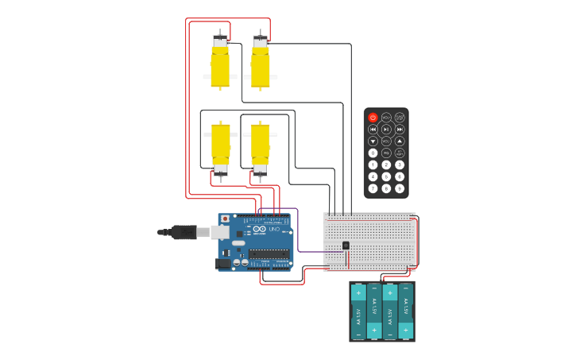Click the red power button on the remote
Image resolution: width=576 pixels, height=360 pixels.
click(373, 118)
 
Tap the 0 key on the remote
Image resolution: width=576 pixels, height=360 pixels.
click(373, 153)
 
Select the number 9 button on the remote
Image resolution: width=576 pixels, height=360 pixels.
click(400, 188)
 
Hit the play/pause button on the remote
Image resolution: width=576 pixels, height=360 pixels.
click(386, 130)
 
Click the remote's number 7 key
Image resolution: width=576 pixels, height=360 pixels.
click(373, 188)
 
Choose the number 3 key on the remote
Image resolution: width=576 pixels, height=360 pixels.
click(400, 165)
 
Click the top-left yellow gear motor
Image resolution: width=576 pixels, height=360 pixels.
click(220, 64)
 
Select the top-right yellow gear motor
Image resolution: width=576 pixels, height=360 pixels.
click(261, 64)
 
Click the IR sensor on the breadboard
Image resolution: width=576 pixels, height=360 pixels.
click(346, 246)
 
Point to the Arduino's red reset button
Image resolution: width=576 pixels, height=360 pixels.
click(225, 218)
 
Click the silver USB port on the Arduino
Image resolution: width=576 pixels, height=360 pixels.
click(220, 232)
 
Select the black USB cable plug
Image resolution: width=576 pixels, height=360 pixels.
click(184, 232)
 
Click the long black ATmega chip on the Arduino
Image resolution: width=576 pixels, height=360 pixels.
click(269, 254)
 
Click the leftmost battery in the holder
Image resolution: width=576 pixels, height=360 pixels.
click(358, 312)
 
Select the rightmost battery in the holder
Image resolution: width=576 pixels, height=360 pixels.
click(406, 312)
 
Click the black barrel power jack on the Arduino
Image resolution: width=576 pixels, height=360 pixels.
click(223, 263)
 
